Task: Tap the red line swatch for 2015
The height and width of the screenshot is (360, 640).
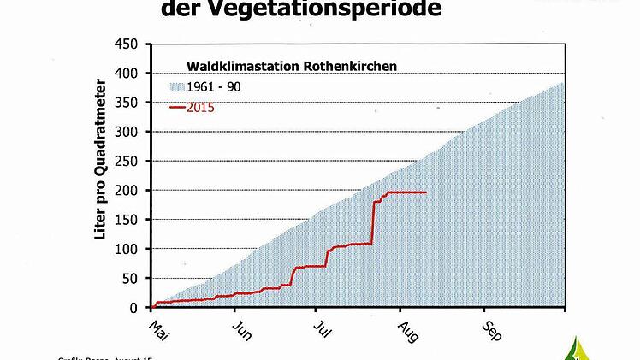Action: [178, 107]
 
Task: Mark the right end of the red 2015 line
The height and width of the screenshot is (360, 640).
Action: [425, 192]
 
